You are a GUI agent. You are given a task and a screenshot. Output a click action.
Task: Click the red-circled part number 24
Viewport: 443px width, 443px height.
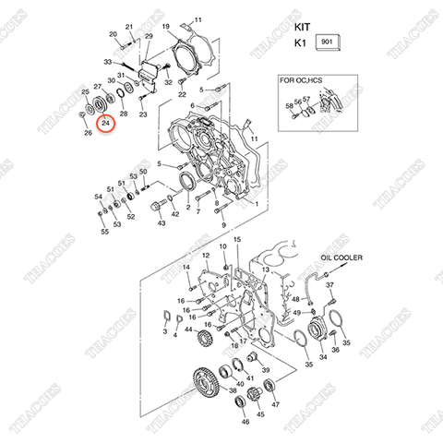click(107, 123)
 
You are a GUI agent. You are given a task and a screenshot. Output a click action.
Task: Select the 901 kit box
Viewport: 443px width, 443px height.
click(327, 42)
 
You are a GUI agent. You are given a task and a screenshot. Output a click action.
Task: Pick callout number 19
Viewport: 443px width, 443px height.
click(166, 28)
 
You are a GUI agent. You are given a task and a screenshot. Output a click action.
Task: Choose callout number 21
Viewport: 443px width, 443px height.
click(129, 28)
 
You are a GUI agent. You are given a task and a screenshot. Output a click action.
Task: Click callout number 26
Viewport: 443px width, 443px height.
click(89, 133)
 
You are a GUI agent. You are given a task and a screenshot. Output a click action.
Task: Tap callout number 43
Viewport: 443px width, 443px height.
click(161, 223)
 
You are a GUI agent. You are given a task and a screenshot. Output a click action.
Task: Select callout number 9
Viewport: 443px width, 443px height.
click(222, 224)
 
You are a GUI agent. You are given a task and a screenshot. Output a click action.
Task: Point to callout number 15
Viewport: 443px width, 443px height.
click(237, 240)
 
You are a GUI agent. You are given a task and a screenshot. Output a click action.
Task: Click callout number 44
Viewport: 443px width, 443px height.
click(187, 329)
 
